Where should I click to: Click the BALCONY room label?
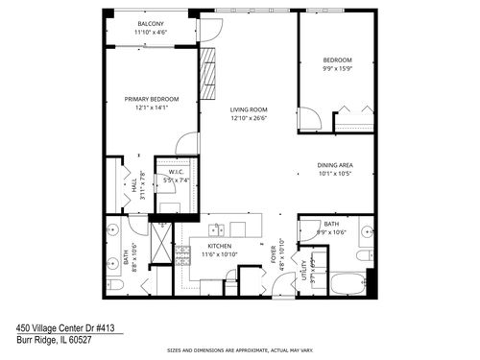pyautogui.click(x=149, y=23)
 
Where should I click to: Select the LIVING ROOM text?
pyautogui.click(x=248, y=110)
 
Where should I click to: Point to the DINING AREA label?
pyautogui.click(x=336, y=165)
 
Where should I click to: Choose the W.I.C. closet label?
pyautogui.click(x=175, y=172)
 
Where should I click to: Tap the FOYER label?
pyautogui.click(x=273, y=254)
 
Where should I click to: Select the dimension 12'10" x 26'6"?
pyautogui.click(x=248, y=120)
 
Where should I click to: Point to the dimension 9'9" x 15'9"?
pyautogui.click(x=336, y=68)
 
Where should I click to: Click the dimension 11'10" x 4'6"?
pyautogui.click(x=149, y=32)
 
